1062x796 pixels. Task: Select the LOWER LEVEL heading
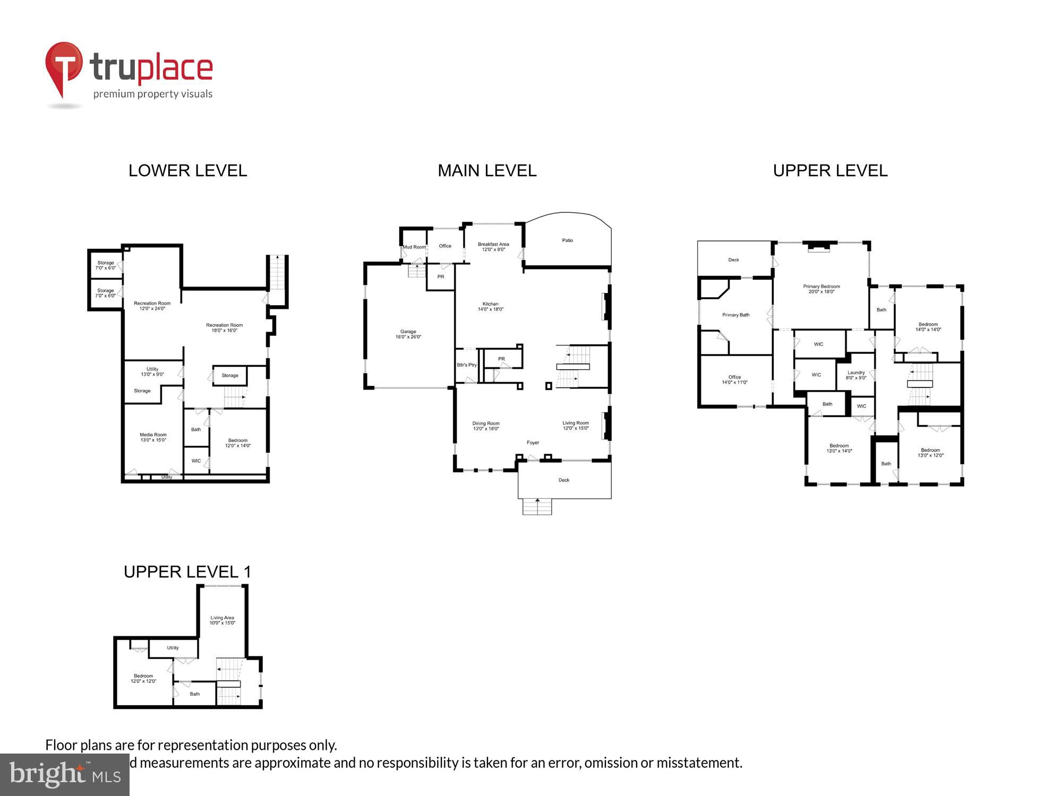click(x=187, y=170)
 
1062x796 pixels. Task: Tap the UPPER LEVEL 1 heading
click(x=187, y=572)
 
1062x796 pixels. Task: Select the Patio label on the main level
click(x=567, y=240)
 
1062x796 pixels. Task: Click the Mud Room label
click(x=414, y=247)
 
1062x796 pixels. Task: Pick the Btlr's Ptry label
click(x=467, y=365)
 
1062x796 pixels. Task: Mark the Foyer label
click(x=533, y=443)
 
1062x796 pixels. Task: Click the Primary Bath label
click(x=735, y=315)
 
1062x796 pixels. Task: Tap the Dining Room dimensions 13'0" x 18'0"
click(x=485, y=429)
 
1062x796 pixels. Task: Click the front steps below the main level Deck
click(x=537, y=507)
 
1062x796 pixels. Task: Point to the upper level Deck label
click(x=733, y=260)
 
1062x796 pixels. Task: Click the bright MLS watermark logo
click(x=64, y=775)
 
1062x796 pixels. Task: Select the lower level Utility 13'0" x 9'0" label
click(x=152, y=371)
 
